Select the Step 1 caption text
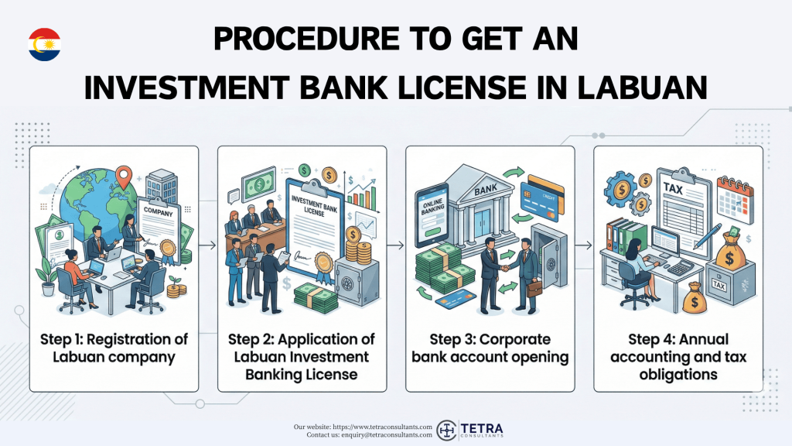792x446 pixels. [x=114, y=348]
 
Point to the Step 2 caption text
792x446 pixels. [x=302, y=357]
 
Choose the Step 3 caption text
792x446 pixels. [x=490, y=348]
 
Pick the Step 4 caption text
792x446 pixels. [x=678, y=357]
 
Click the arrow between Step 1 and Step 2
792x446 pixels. [x=208, y=245]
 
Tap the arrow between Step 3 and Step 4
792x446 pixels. [x=584, y=245]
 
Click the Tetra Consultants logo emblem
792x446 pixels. [x=448, y=431]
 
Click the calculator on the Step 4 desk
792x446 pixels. [x=680, y=266]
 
